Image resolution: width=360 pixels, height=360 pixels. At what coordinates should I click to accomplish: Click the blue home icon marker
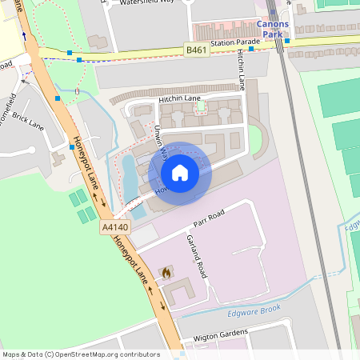click(x=180, y=172)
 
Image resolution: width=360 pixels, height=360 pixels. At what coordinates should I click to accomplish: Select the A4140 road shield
click(x=114, y=228)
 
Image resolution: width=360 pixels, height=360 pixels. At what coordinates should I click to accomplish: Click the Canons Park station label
click(x=274, y=30)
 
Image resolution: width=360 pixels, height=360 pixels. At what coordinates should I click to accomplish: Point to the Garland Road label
click(x=200, y=258)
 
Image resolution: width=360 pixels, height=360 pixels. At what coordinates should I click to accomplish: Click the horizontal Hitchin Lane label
click(x=179, y=99)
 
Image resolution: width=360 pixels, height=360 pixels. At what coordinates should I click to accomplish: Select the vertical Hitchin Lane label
click(x=241, y=70)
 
